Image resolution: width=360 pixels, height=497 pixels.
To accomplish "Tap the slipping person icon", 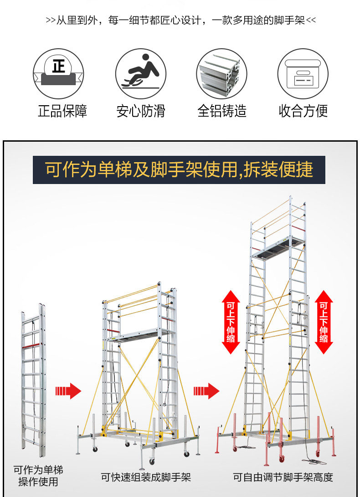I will tap(140, 73).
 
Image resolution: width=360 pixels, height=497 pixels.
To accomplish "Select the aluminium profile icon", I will tap(221, 73).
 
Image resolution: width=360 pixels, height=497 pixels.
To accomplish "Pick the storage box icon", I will tap(303, 73).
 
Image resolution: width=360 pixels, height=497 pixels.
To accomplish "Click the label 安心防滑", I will tap(140, 111).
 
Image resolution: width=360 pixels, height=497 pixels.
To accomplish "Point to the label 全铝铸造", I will tap(221, 111).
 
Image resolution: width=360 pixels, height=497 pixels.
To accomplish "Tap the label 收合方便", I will tap(303, 111).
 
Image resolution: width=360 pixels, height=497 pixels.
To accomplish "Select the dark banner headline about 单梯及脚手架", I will tap(179, 169).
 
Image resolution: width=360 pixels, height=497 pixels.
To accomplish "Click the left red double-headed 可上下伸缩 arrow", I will tap(231, 322).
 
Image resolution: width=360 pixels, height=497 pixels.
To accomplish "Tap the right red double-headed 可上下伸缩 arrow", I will tap(324, 322).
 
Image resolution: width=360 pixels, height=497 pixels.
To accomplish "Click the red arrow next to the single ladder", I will tap(67, 391).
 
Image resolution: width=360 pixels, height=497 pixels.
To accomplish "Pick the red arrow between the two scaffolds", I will tap(206, 391).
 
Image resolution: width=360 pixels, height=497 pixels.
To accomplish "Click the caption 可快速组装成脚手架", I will tap(146, 477).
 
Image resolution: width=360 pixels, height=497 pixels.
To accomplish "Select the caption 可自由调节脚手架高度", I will tap(283, 477).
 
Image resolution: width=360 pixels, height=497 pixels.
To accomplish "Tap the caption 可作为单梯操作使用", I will tap(38, 475).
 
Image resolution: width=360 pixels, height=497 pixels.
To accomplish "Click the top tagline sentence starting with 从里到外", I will tap(180, 20).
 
